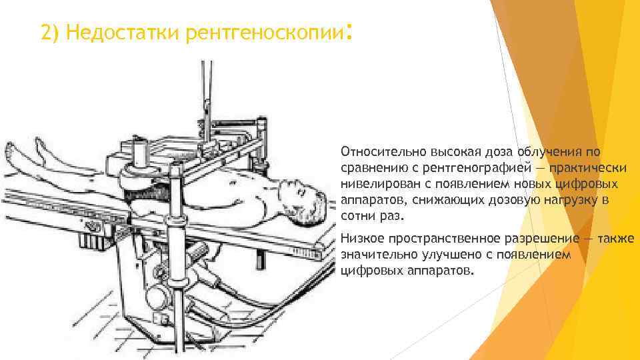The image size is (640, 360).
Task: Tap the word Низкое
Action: click(361, 239)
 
